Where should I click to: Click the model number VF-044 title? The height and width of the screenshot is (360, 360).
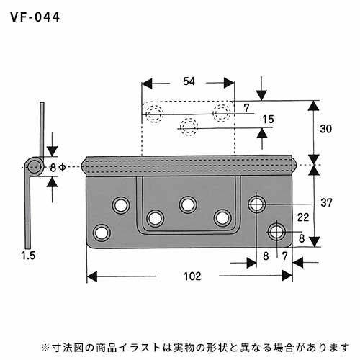[x=35, y=17]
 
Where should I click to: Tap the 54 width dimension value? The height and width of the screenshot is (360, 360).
[x=189, y=81]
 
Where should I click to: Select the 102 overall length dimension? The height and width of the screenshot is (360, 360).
[x=192, y=276]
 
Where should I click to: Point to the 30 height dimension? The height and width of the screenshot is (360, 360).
[x=326, y=129]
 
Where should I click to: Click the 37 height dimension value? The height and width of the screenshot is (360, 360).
[x=326, y=203]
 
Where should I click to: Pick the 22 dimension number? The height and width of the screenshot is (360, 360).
[x=303, y=217]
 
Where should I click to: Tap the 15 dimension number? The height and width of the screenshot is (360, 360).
[x=268, y=120]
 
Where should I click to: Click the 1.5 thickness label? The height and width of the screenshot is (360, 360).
[x=28, y=256]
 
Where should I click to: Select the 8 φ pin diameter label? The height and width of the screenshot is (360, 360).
[x=58, y=168]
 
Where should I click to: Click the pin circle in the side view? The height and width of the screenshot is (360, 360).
[x=34, y=167]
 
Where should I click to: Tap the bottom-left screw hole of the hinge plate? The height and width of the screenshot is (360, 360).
[x=102, y=233]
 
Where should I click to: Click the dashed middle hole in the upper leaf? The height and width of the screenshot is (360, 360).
[x=189, y=127]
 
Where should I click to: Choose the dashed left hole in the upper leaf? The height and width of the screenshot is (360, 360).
[x=155, y=114]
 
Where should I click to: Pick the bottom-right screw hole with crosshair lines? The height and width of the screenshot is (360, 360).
[x=276, y=232]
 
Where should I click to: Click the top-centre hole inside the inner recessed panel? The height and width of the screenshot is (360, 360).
[x=188, y=205]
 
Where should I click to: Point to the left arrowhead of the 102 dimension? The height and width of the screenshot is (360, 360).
[x=91, y=276]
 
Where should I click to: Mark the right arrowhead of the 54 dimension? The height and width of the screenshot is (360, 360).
[x=229, y=83]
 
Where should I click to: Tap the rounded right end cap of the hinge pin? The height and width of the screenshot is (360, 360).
[x=294, y=165]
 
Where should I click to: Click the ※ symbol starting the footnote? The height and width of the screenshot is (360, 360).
[x=45, y=348]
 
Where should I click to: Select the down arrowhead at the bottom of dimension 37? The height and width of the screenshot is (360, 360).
[x=314, y=242]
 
